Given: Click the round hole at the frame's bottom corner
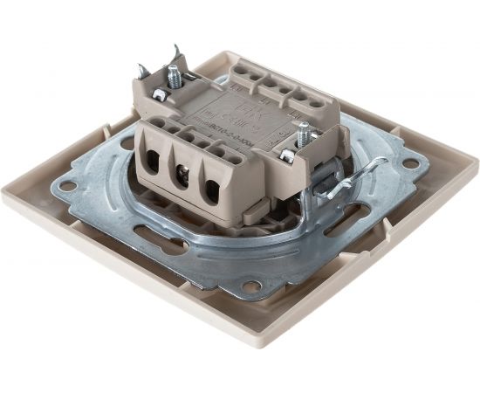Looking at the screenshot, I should tap(252, 286).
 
